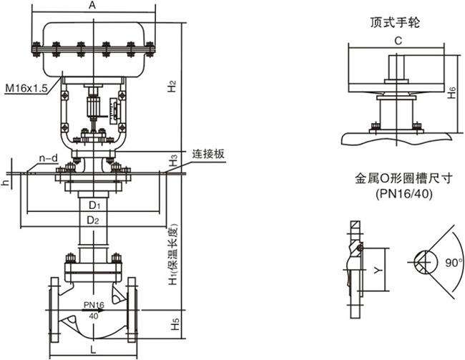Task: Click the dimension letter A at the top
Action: (92, 6)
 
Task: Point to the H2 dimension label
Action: (172, 87)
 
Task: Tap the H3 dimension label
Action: (172, 160)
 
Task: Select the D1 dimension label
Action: (93, 206)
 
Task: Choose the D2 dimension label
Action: (93, 220)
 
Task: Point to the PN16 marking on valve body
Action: (94, 304)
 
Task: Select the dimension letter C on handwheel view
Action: (397, 42)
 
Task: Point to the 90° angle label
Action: (452, 263)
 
